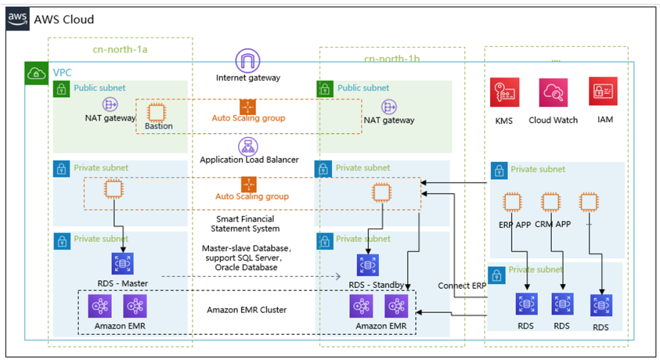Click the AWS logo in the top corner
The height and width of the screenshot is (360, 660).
[18, 18]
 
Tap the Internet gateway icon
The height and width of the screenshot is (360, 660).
[248, 61]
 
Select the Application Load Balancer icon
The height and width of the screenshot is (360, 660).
[248, 146]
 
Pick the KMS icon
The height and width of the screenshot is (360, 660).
[504, 93]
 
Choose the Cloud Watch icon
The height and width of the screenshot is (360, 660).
[553, 93]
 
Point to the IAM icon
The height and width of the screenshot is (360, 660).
[603, 92]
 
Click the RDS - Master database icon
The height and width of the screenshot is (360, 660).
[123, 264]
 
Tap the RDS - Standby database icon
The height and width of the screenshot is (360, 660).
[368, 265]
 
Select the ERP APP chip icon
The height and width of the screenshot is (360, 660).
[512, 202]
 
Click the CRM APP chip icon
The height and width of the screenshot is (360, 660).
[551, 202]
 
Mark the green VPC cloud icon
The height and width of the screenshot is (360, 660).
[37, 74]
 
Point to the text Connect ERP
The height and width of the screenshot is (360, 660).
[463, 286]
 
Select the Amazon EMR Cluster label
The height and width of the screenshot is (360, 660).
[247, 310]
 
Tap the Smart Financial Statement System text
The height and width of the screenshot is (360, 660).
[245, 224]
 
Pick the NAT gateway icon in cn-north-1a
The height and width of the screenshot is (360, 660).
[110, 105]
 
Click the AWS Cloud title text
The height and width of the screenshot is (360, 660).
[64, 20]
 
